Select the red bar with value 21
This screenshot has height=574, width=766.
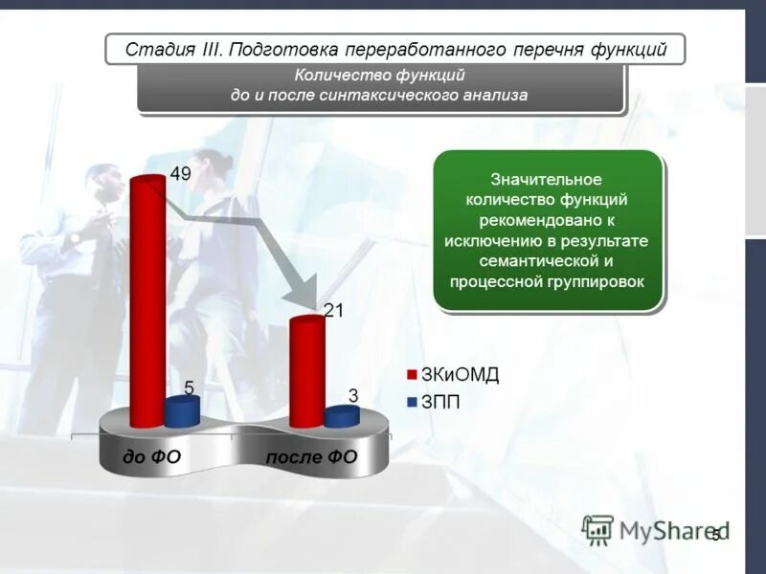(x=306, y=373)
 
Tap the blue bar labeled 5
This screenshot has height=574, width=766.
(x=182, y=412)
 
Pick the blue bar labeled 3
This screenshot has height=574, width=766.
(x=341, y=416)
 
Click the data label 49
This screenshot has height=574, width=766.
(x=182, y=172)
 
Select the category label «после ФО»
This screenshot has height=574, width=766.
(x=311, y=456)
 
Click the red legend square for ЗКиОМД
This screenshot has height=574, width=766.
(x=412, y=375)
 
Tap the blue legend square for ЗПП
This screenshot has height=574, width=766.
(x=412, y=403)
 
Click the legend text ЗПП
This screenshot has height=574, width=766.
(x=440, y=403)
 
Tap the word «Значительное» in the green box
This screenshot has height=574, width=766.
(x=546, y=179)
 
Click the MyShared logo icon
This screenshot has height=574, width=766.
(x=597, y=529)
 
